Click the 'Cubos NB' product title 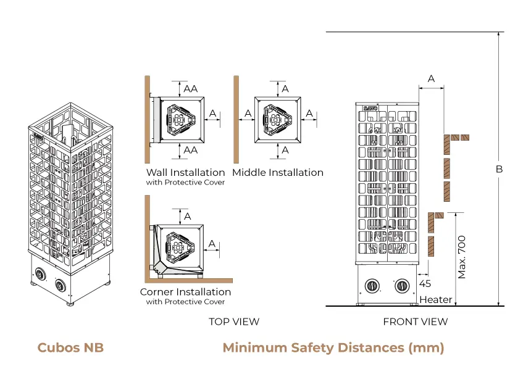point(70,347)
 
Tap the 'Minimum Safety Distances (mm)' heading point(333,347)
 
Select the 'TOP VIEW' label point(234,322)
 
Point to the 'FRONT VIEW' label point(416,322)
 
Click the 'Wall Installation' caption point(185,172)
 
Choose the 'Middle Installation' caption point(278,172)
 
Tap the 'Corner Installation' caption point(185,292)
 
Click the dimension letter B point(500,169)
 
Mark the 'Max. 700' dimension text point(462,257)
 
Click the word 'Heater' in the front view point(435,300)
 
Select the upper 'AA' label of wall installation point(191,88)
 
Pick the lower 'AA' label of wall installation point(191,150)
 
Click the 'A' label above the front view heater point(431,78)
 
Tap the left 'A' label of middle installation point(248,114)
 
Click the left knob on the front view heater point(373,285)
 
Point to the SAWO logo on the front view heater point(370,108)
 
